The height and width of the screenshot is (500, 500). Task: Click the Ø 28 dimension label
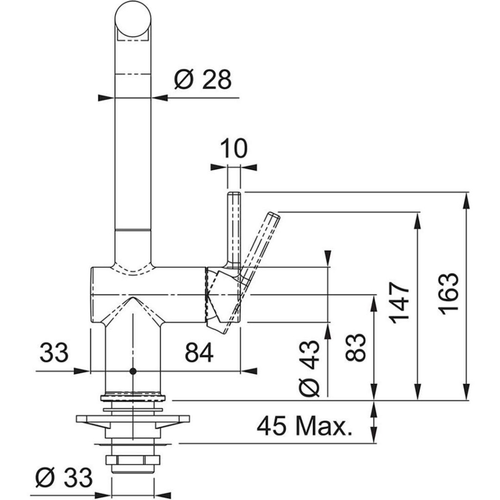[x=203, y=80]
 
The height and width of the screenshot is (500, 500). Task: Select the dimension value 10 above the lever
[x=234, y=149]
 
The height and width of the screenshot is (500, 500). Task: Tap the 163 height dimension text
[x=448, y=294]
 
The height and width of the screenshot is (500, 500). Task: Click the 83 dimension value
[x=355, y=347]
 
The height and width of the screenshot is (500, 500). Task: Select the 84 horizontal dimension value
[x=199, y=353]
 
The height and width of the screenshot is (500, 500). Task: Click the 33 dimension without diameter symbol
[x=53, y=353]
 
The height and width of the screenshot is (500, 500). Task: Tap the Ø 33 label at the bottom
[x=64, y=477]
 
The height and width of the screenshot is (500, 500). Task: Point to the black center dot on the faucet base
[x=132, y=372]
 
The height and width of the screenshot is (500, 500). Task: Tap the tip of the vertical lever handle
[x=234, y=196]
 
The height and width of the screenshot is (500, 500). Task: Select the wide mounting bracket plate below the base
[x=132, y=419]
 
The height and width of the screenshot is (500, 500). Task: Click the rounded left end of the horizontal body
[x=92, y=295]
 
